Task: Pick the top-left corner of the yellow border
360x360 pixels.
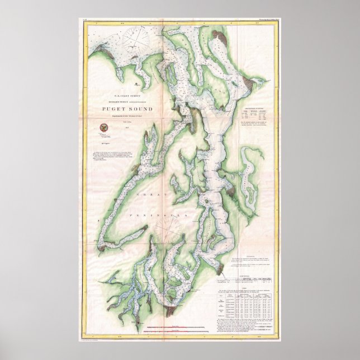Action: point(83,22)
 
